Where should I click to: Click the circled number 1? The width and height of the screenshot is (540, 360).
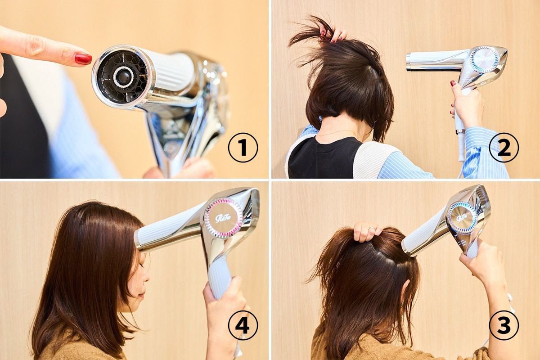[243, 148]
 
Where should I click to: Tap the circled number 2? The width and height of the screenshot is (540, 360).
[504, 148]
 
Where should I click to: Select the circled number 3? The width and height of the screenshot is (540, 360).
[504, 325]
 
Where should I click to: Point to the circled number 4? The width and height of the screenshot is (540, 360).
[243, 325]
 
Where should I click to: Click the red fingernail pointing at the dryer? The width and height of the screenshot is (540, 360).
[83, 59]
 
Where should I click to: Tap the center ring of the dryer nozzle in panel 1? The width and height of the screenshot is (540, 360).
[123, 76]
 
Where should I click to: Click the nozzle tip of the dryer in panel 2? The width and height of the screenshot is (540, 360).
[409, 63]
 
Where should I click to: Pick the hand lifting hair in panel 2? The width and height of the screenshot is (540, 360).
[334, 36]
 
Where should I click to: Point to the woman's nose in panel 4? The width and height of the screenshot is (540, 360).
[146, 278]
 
